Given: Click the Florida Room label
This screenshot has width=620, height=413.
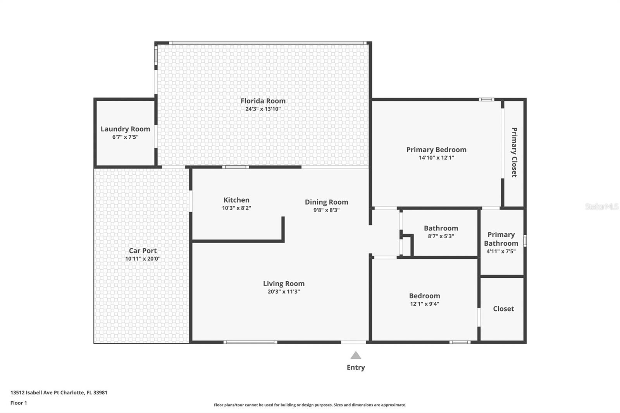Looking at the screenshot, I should pos(263,101).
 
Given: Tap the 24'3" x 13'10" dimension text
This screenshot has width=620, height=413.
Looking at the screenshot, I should pos(263,109).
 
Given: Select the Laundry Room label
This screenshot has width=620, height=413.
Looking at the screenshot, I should pos(125,129).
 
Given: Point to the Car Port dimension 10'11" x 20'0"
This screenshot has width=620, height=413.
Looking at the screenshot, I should pos(143,259).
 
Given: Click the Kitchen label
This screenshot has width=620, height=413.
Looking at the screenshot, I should pos(236,200).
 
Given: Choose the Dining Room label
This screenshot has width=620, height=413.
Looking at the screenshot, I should pos(326,202).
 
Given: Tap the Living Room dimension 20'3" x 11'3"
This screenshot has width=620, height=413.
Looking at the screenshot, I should pos(284,292).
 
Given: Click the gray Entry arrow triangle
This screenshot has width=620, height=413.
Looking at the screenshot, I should pos(356,355).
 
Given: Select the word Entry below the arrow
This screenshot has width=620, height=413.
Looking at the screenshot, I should pos(356,367).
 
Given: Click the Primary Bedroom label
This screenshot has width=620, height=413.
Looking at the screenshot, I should pos(436,150).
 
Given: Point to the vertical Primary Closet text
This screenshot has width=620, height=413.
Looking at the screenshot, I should pos(514,152).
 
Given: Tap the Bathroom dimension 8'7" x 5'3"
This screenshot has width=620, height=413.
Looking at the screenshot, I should pos(441,236).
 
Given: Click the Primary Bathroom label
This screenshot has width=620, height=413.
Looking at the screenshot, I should pos(501,239).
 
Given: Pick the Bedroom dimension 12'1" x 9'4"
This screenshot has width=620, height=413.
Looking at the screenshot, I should pos(425,304).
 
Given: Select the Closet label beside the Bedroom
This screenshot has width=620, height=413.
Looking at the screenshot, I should pos(503,309).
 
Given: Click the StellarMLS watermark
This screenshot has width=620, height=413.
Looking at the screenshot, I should pos(601,206).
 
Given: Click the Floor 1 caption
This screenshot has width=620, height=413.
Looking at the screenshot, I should pos(19,403).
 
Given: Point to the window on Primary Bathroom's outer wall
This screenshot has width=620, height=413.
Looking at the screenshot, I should pos(525,241).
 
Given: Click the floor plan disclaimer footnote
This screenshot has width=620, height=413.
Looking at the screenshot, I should pos(310,405).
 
